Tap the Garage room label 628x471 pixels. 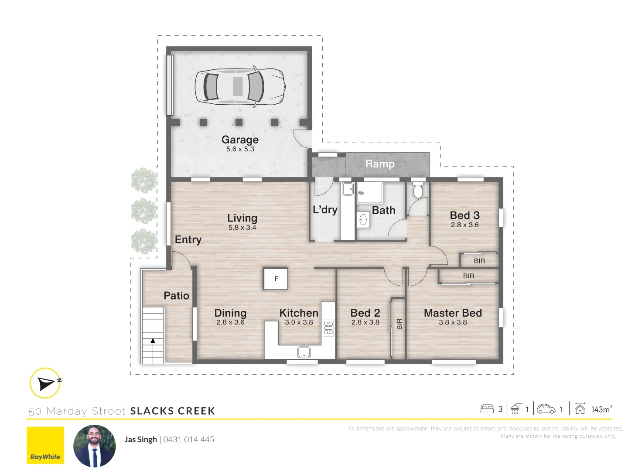coord(240,140)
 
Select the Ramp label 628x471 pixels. coord(380,164)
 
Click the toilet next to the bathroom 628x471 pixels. coord(418,191)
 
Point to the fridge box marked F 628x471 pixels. coord(276,279)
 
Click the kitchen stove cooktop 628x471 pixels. coord(328,328)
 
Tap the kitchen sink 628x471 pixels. coord(304,352)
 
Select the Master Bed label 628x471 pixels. coord(453,313)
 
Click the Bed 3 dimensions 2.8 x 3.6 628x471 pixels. coord(464,225)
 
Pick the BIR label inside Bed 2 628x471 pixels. coord(399,324)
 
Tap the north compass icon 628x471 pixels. coord(45,383)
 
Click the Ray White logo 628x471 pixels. coord(45,445)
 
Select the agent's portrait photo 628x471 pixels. coord(95,446)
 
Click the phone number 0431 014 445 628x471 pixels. coord(189,440)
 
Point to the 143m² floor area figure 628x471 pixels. coord(601,409)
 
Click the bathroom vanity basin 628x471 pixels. coord(363,220)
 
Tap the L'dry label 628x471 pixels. coord(325,210)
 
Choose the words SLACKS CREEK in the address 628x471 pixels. coord(173,411)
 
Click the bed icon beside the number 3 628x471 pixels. coord(487,409)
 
